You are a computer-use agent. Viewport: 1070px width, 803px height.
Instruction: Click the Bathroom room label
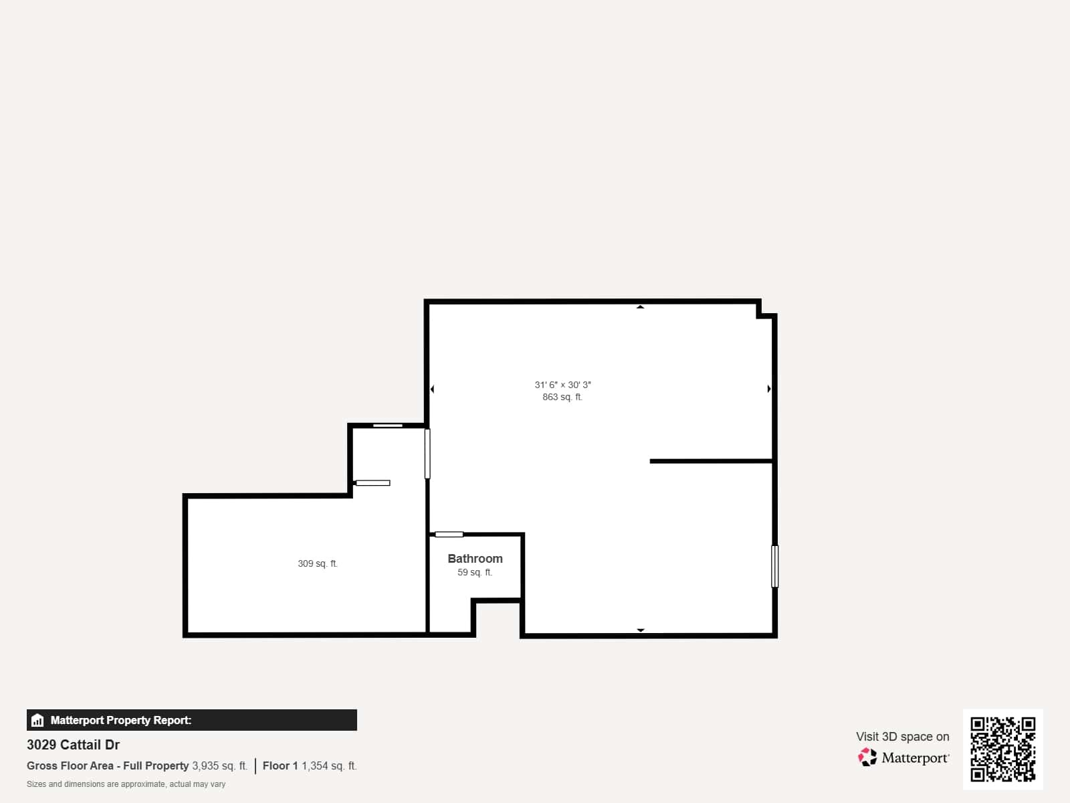tap(475, 558)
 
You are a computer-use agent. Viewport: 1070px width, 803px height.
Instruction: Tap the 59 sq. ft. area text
tap(475, 573)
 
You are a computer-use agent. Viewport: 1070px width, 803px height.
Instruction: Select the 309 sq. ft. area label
tap(318, 563)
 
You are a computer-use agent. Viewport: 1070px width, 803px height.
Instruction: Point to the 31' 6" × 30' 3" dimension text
tap(562, 385)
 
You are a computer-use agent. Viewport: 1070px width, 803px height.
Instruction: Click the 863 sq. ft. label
tap(562, 397)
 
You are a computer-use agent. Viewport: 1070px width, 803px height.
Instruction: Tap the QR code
tap(1002, 749)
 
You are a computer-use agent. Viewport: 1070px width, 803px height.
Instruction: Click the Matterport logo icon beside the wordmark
tap(867, 757)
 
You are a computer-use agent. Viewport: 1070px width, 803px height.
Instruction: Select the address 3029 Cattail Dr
tap(74, 745)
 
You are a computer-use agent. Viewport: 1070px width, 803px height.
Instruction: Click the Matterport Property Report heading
tap(121, 720)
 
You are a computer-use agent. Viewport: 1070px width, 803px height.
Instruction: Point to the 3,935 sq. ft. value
tap(220, 766)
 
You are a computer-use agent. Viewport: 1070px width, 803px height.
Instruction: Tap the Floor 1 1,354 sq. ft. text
tap(310, 766)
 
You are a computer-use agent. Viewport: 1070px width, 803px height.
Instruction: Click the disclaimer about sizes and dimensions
tap(126, 784)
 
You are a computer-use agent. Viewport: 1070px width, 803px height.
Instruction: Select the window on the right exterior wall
tap(775, 566)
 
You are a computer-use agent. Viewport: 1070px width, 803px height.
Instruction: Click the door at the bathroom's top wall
tap(449, 534)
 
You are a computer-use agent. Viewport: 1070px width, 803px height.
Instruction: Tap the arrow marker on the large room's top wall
tap(640, 307)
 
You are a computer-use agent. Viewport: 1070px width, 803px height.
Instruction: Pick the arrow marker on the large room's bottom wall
tap(640, 630)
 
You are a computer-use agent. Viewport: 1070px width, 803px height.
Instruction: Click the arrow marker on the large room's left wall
tap(432, 389)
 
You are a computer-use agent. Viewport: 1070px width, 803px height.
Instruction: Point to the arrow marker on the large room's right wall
tap(769, 389)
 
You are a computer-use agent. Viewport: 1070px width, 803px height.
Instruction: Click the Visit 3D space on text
tap(902, 736)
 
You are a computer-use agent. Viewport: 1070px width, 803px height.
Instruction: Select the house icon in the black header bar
tap(37, 721)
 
